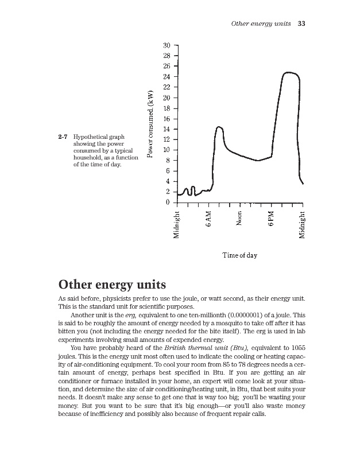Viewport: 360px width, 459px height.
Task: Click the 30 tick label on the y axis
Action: click(167, 45)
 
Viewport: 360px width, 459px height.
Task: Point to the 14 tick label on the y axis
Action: click(167, 129)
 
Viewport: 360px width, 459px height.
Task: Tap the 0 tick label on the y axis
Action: click(168, 202)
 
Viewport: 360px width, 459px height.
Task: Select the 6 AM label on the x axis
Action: click(210, 219)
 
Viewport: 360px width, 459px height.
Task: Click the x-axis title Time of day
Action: click(239, 255)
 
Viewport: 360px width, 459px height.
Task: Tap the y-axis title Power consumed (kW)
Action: click(150, 123)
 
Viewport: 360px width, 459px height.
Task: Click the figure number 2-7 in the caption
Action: click(63, 138)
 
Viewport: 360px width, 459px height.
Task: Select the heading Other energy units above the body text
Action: click(113, 285)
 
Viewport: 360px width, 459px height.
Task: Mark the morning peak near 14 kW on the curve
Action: click(219, 127)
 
